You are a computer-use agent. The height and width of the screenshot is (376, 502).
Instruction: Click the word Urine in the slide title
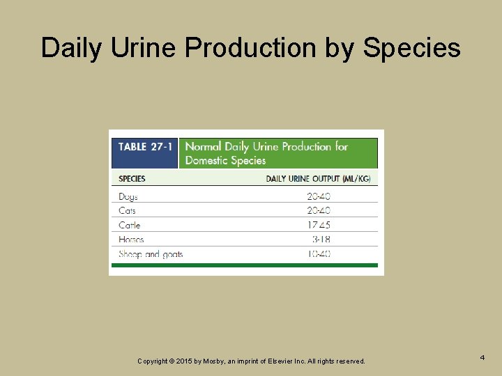[x=146, y=48]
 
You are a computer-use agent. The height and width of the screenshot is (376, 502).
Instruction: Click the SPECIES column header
[x=132, y=178]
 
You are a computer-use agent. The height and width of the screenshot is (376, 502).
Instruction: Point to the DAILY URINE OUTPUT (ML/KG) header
[x=318, y=178]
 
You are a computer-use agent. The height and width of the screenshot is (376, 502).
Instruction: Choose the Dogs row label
[x=128, y=197]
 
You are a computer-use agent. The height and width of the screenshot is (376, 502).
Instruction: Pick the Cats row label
[x=127, y=210]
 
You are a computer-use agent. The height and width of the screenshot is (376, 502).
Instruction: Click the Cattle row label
[x=130, y=225]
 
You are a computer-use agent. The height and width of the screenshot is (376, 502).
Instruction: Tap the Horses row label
[x=131, y=240]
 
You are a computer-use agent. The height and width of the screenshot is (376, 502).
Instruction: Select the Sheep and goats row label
[x=151, y=254]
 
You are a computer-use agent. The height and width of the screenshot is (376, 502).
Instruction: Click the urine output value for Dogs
[x=319, y=197]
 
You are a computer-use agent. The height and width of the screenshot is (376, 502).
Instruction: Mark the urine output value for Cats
[x=319, y=210]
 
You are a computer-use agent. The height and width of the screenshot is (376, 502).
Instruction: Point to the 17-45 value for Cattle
[x=319, y=225]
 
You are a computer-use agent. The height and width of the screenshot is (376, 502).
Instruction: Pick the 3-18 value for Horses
[x=321, y=240]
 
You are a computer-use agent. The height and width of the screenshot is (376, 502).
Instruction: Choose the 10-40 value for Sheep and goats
[x=319, y=254]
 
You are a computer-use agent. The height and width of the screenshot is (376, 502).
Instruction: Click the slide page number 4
[x=482, y=357]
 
